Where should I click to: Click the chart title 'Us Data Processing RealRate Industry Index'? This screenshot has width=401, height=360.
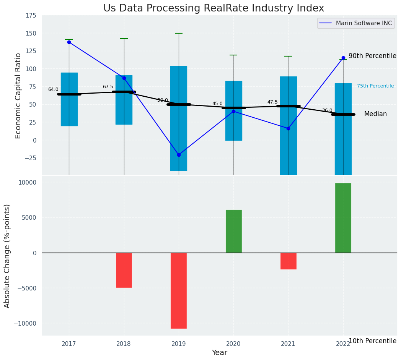(x=214, y=8)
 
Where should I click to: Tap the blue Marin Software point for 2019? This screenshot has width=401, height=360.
(x=179, y=155)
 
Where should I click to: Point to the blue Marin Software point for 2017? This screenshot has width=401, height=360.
(x=69, y=42)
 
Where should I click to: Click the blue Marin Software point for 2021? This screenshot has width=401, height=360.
(x=288, y=128)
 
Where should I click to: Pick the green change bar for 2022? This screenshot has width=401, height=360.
(x=343, y=218)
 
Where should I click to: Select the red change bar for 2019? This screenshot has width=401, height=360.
(x=179, y=290)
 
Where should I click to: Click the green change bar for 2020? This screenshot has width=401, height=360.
(x=233, y=231)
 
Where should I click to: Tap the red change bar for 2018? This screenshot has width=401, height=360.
(x=124, y=270)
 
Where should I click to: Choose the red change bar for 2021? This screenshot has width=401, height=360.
(x=288, y=261)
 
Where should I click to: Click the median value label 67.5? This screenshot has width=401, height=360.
(x=108, y=87)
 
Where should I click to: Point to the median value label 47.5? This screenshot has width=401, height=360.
(x=272, y=102)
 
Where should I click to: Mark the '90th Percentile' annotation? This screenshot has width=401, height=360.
(x=372, y=56)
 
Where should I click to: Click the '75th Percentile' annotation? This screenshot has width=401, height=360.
(x=375, y=86)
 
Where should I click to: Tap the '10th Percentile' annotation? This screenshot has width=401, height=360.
(x=372, y=341)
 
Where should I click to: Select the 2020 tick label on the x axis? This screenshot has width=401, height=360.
(x=233, y=344)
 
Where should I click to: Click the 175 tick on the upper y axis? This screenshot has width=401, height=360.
(x=31, y=16)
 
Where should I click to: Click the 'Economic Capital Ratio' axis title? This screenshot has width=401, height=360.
(x=18, y=95)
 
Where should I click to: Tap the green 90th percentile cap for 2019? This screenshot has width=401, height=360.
(x=179, y=33)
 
